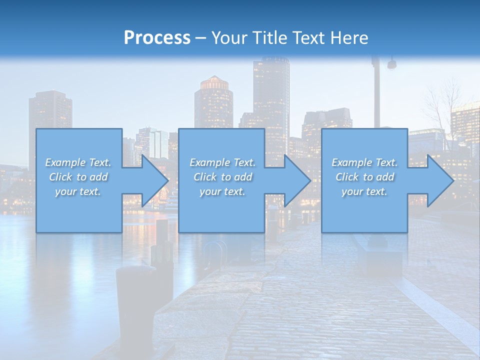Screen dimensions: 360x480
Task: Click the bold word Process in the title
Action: point(157,37)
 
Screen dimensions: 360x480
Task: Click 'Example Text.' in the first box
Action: point(78,162)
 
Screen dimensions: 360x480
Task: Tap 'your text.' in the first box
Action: point(78,191)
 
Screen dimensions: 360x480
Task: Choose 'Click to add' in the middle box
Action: point(222,177)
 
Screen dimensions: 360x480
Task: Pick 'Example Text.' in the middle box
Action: point(222,162)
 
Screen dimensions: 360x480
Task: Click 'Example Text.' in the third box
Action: point(364,162)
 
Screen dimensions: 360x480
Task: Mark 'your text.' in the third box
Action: point(364,191)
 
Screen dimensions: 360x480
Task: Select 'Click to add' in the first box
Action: point(78,177)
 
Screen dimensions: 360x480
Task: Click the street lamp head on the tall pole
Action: point(391,64)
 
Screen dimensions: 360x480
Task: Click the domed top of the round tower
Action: point(214,82)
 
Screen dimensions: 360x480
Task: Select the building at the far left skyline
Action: point(50,110)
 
